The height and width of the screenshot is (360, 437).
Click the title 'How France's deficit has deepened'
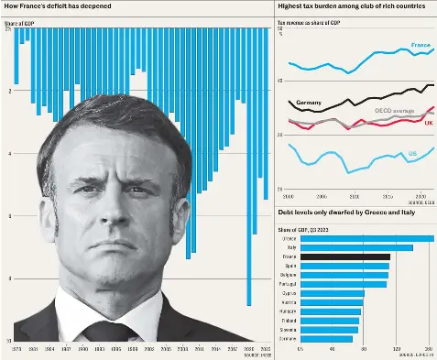point(57,6)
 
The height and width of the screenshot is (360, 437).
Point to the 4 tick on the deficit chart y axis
point(9,153)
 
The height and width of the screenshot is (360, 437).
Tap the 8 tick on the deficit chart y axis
point(9,278)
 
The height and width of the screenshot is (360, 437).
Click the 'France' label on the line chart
point(421,45)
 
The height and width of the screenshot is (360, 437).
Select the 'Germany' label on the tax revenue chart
point(308,102)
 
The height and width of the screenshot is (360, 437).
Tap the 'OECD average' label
point(394,110)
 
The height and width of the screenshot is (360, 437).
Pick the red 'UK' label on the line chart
point(428,123)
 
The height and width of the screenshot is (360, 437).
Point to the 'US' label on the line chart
point(412,154)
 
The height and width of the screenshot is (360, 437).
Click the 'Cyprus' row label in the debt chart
point(289,293)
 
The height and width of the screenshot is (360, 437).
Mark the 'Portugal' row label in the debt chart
point(288,284)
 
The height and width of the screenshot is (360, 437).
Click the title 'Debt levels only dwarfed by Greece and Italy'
point(340,212)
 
